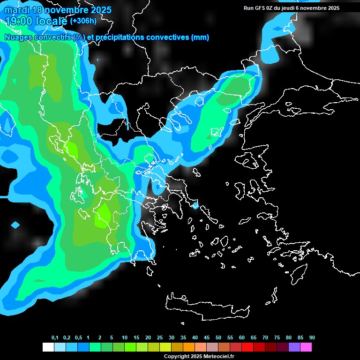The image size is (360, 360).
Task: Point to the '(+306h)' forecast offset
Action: tap(83, 21)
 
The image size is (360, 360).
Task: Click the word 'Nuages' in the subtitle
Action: tap(18, 37)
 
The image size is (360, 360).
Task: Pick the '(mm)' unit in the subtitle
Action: tap(200, 37)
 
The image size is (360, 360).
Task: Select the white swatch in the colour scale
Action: tap(48, 347)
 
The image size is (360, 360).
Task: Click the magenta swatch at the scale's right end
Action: tap(306, 347)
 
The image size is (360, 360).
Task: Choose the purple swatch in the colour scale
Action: tap(294, 347)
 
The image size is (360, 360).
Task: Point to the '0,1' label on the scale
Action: tap(55, 337)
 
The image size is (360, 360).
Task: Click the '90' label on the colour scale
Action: tap(312, 337)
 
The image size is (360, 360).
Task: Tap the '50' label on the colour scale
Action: tap(218, 337)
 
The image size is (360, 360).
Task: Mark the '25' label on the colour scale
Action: tap(160, 337)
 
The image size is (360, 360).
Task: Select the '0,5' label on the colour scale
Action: tap(78, 337)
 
